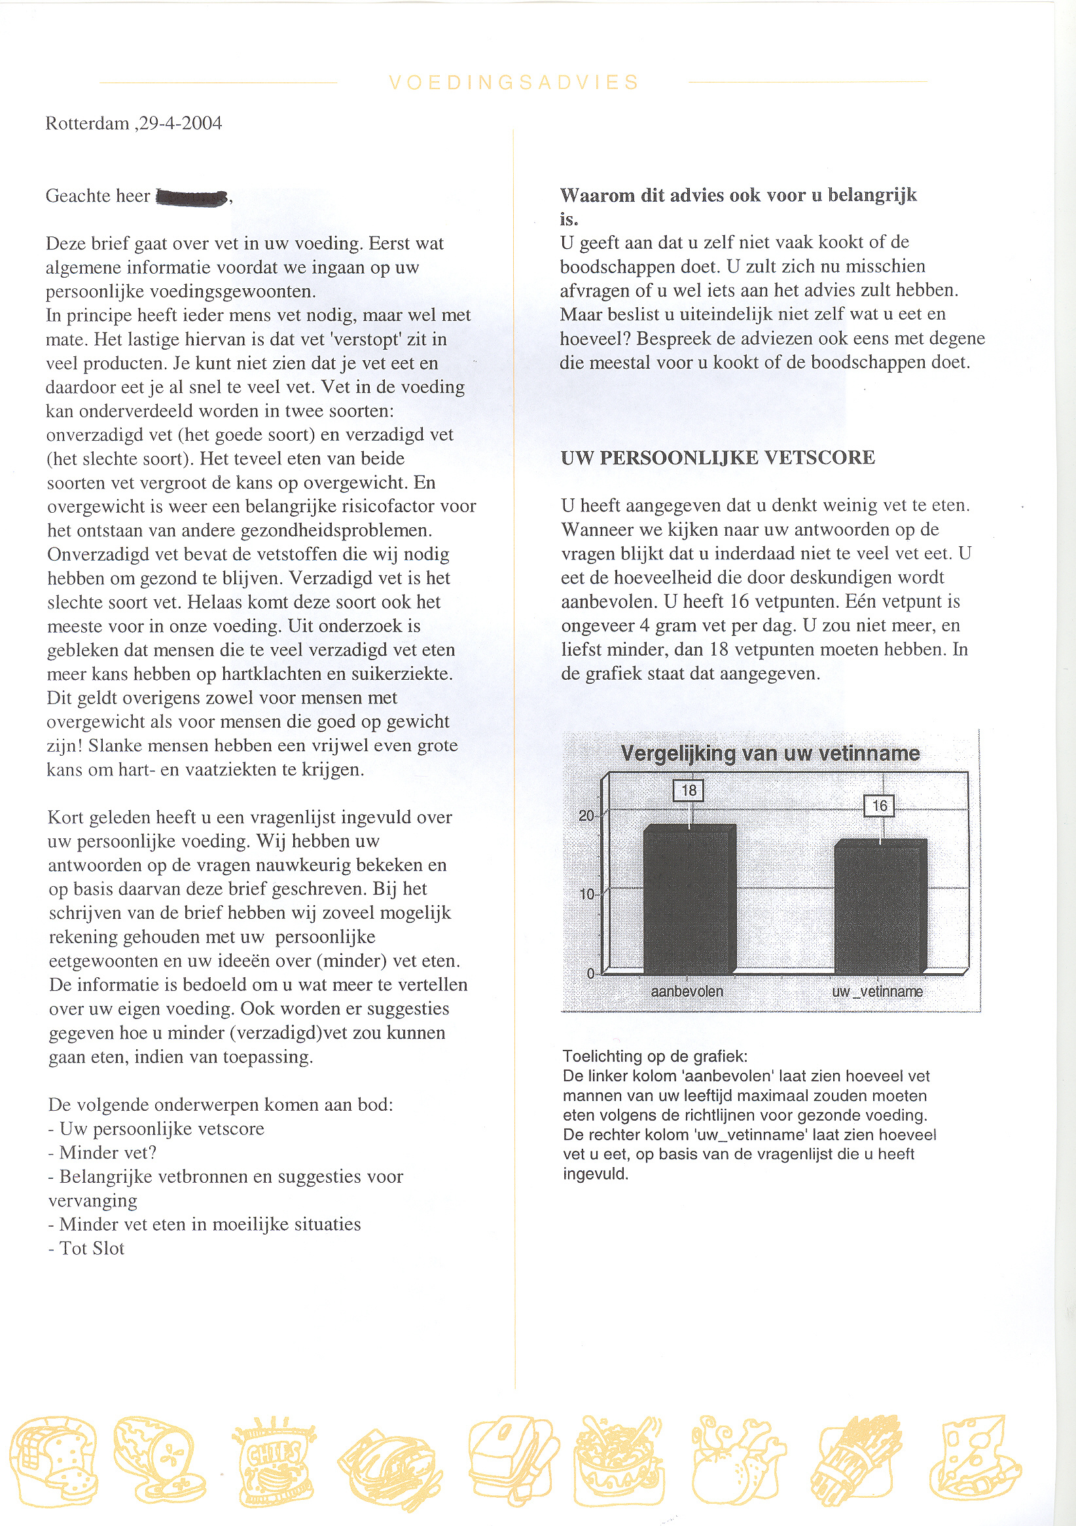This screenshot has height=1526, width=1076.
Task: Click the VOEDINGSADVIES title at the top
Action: point(513,83)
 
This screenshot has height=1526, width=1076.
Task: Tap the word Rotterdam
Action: point(87,124)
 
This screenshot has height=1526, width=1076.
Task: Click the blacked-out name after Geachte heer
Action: point(191,197)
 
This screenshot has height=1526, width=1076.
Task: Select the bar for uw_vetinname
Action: point(880,906)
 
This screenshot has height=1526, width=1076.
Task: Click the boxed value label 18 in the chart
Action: point(689,791)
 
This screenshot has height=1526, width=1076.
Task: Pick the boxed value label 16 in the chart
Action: point(879,806)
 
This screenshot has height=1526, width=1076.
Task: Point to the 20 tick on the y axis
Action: point(586,815)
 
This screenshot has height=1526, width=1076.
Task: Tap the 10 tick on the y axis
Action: point(586,895)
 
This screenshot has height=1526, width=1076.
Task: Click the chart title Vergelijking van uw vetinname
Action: point(770,754)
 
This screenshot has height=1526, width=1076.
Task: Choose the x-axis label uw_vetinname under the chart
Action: point(877,992)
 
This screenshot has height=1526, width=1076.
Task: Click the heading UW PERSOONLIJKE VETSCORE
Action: point(718,458)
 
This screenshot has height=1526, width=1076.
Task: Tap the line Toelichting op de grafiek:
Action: point(655,1056)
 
